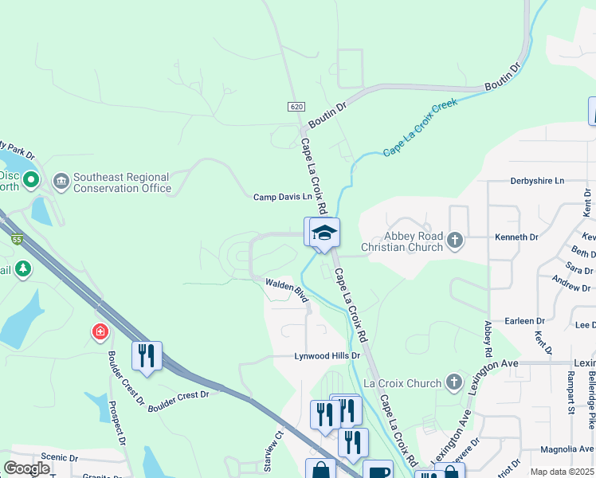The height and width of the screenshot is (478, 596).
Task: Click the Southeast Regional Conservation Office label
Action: click(122, 182)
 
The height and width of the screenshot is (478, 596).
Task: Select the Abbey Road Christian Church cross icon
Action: click(455, 240)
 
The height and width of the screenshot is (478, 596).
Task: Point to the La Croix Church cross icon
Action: click(455, 383)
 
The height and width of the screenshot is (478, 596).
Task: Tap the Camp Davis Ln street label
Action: click(283, 197)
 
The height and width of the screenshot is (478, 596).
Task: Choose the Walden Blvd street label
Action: click(286, 288)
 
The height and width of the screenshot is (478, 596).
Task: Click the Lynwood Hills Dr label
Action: click(327, 356)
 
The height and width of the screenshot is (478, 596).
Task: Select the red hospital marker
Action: click(100, 331)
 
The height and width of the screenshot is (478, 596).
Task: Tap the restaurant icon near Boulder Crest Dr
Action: click(147, 355)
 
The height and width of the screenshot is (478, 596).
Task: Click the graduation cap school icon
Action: click(324, 233)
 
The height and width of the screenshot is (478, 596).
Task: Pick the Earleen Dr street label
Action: click(523, 320)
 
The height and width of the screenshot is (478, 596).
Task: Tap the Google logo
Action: click(26, 468)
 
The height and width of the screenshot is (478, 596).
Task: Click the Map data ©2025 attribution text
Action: click(563, 472)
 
